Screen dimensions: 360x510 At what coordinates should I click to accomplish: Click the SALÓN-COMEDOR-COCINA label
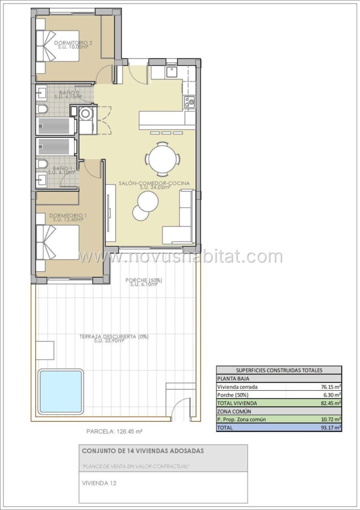154,183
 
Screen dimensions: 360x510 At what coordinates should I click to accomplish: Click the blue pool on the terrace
60,392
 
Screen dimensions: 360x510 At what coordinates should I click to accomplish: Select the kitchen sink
172,73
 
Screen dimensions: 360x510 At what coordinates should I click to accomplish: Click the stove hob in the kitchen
189,102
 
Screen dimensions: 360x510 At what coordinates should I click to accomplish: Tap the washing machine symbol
86,114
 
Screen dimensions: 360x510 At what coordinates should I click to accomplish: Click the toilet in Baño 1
42,164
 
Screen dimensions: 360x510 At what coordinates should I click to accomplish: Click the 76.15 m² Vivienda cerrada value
330,387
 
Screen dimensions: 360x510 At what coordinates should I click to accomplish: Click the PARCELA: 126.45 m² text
115,432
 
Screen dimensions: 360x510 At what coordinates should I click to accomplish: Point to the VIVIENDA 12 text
99,483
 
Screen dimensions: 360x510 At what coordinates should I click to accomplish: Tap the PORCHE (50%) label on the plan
143,280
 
